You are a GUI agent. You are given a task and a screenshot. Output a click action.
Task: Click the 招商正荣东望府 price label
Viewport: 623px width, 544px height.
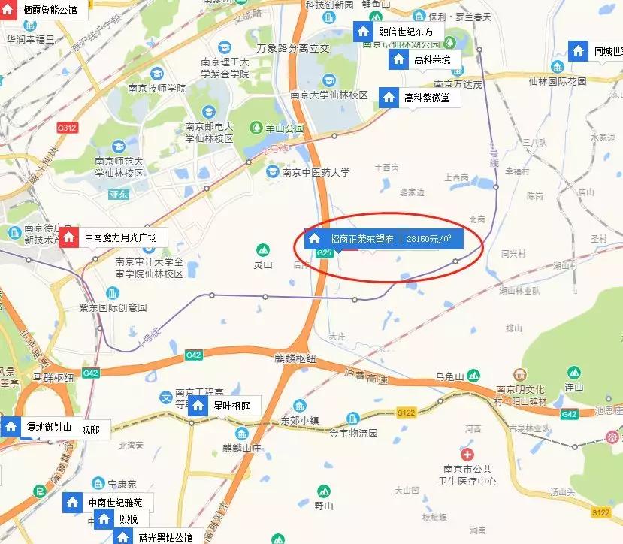[x=383, y=240]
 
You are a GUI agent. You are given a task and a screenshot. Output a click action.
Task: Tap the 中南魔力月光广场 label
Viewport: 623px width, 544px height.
[x=121, y=237]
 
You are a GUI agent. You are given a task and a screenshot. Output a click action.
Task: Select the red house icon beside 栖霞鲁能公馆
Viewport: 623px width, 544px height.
[x=10, y=11]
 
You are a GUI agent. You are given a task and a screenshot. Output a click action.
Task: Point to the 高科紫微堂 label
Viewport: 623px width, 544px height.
[x=427, y=98]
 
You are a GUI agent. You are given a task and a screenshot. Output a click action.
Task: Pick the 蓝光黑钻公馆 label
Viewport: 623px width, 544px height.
[x=165, y=537]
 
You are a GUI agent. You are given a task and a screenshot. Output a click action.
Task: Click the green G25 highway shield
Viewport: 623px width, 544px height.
[x=325, y=254]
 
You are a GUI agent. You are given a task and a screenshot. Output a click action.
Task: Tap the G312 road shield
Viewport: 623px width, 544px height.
[x=67, y=128]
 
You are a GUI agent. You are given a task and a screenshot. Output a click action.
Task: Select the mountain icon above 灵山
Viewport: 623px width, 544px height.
[x=262, y=249]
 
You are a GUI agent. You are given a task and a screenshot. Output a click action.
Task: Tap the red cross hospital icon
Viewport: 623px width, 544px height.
[x=467, y=455]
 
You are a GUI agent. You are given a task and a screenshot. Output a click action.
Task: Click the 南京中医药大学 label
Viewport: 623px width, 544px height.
[x=316, y=172]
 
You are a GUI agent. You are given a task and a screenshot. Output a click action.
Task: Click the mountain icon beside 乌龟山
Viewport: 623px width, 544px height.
[x=472, y=375]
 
